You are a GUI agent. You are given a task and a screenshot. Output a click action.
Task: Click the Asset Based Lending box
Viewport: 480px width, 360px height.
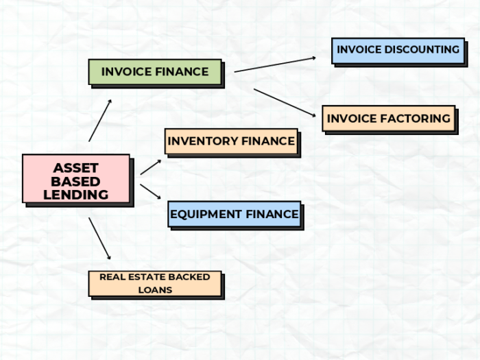[x=75, y=179]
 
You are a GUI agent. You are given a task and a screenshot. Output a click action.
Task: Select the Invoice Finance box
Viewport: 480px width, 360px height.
[x=155, y=72]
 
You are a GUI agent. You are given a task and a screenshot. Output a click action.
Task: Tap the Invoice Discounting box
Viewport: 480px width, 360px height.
[x=398, y=50]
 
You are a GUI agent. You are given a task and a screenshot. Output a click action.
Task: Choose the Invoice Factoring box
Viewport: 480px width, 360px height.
[x=388, y=119]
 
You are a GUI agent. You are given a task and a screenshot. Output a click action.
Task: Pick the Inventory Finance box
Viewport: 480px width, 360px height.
[x=231, y=142]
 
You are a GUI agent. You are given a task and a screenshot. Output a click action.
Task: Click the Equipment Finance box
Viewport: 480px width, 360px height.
[x=234, y=214]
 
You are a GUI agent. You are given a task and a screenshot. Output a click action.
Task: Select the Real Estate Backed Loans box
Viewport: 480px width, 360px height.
[x=155, y=283]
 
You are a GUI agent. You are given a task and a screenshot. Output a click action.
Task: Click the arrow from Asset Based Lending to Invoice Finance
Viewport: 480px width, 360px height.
[x=100, y=120]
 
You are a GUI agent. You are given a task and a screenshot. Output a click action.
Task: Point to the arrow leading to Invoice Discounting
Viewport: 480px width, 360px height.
[x=274, y=64]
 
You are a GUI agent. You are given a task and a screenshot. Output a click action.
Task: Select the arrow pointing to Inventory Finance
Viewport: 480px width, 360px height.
[x=151, y=167]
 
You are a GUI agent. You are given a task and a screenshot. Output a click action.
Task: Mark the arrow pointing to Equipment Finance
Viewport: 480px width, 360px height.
[x=151, y=192]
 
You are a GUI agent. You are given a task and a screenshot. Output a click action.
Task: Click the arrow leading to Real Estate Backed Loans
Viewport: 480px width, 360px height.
[x=99, y=238]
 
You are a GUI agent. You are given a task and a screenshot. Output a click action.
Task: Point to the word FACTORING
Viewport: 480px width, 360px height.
[x=417, y=119]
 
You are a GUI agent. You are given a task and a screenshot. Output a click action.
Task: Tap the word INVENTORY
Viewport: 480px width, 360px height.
[x=202, y=142]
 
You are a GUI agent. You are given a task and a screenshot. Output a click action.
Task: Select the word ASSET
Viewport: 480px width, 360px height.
[x=75, y=168]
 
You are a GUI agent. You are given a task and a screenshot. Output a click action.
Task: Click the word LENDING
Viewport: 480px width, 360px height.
[x=75, y=195]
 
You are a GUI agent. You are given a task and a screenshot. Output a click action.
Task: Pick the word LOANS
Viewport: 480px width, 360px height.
[x=155, y=290]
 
